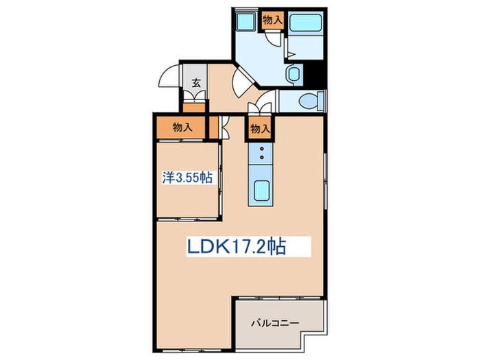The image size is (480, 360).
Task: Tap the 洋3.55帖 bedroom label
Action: (186, 177)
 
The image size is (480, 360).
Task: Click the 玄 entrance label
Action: (195, 83)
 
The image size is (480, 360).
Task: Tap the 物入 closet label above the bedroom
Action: (181, 127)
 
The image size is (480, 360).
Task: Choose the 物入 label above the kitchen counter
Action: (260, 128)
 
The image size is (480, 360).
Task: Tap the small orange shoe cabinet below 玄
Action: (194, 106)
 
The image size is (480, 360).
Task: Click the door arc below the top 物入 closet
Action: (274, 38)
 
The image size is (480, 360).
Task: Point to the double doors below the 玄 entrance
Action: (194, 97)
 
